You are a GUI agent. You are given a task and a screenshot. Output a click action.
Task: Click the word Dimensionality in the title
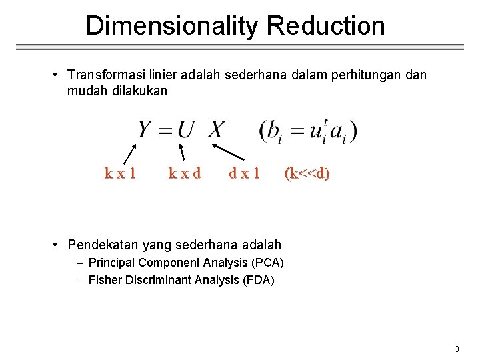[172, 26]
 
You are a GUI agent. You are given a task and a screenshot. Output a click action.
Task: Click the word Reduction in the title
[325, 26]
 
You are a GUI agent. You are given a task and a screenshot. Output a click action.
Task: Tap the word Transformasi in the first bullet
[109, 75]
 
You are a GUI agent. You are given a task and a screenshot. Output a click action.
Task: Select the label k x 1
[121, 173]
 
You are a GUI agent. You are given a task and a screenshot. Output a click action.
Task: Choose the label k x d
[184, 173]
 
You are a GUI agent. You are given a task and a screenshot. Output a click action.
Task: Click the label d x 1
[244, 173]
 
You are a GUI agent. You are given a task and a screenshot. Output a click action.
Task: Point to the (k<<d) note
[307, 173]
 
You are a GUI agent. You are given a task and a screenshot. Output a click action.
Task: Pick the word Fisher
[104, 280]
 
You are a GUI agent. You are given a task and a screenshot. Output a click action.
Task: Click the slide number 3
[457, 349]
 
